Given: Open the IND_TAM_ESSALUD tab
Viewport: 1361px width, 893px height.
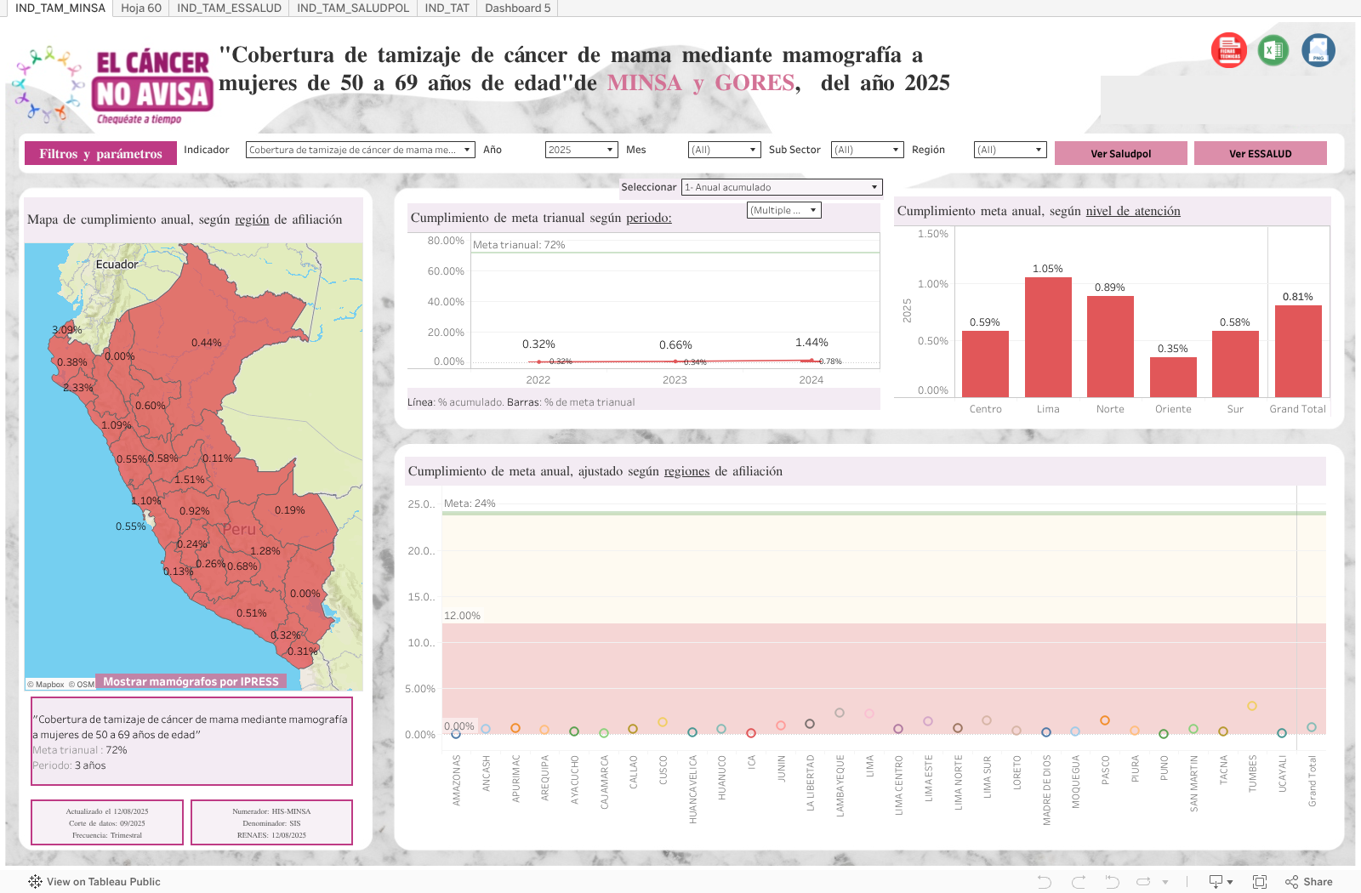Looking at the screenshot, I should pos(229,9).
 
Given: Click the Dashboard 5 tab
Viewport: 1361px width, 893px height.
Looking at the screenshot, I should pos(517,9).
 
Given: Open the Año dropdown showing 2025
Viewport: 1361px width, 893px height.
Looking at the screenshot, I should pos(581,150).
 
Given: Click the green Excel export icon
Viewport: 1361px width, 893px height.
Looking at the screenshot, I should pos(1273,50).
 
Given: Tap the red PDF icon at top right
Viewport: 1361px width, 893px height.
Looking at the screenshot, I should pos(1228,50).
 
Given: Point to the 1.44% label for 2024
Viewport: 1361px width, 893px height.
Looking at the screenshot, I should pos(811,343).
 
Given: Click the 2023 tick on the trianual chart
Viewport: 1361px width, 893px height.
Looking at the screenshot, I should pos(675,380).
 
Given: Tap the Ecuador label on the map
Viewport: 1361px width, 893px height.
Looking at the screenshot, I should pos(117,264).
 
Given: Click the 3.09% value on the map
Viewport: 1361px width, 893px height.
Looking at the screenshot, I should pos(66,330).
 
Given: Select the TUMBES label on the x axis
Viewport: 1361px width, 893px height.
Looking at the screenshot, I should pos(1252,773).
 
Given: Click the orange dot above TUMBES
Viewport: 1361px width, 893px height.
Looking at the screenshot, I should pos(1252,706).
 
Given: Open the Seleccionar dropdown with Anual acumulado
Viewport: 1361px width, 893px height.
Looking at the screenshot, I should pos(782,187).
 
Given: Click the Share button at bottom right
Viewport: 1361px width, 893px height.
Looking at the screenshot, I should pos(1309,882).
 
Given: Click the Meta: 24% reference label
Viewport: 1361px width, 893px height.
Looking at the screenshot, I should pos(470,503).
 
